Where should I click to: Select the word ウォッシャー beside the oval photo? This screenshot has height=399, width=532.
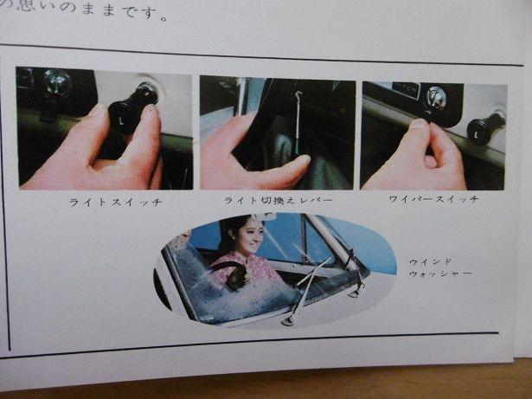pyautogui.click(x=439, y=274)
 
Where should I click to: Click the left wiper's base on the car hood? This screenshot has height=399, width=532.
pyautogui.click(x=287, y=321)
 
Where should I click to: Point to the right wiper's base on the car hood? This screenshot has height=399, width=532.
pyautogui.click(x=355, y=292)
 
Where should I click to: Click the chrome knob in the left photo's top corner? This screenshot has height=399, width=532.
pyautogui.click(x=58, y=81)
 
